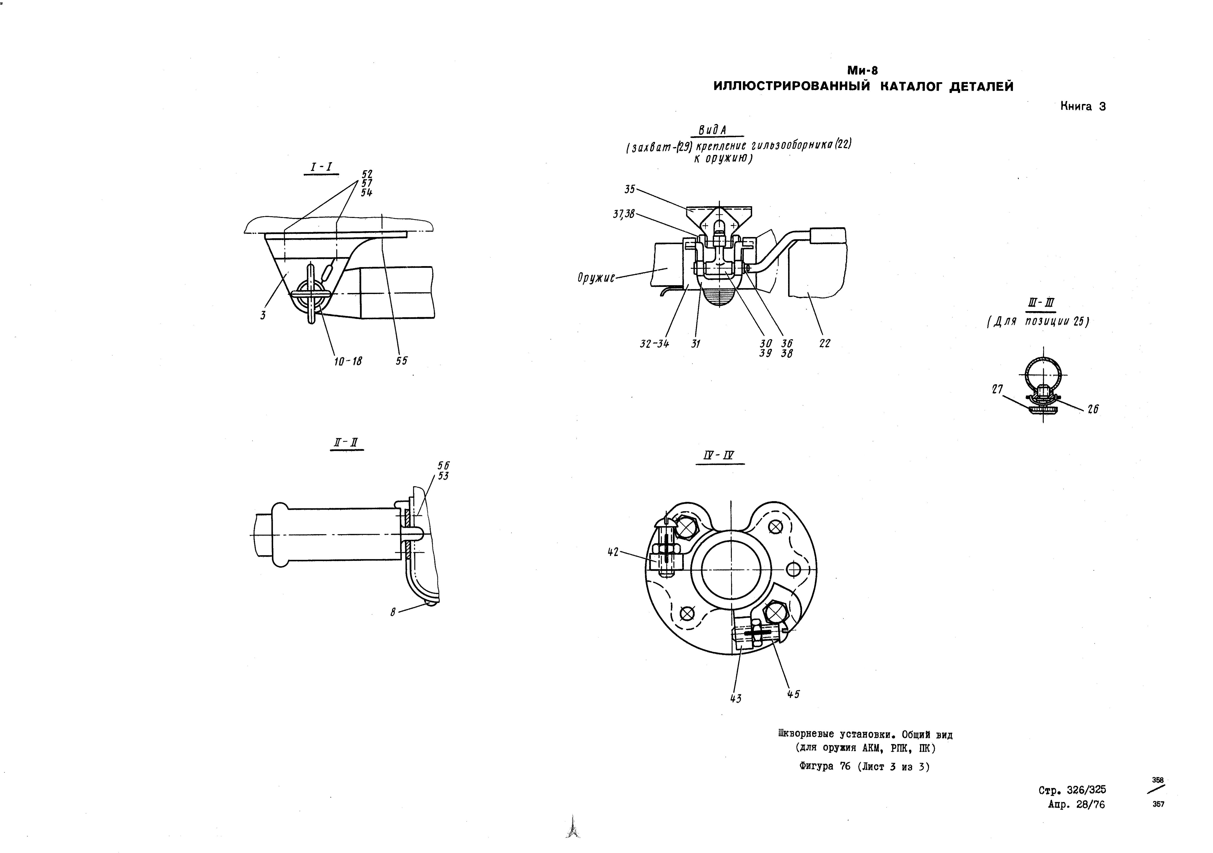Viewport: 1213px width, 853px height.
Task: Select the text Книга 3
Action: (1083, 106)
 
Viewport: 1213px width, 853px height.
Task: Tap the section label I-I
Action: (322, 168)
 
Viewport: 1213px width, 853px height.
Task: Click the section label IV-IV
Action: (720, 455)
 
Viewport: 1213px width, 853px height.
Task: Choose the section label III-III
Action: (1039, 303)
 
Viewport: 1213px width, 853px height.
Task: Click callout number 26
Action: (1093, 409)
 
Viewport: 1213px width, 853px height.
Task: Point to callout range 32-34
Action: (655, 343)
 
